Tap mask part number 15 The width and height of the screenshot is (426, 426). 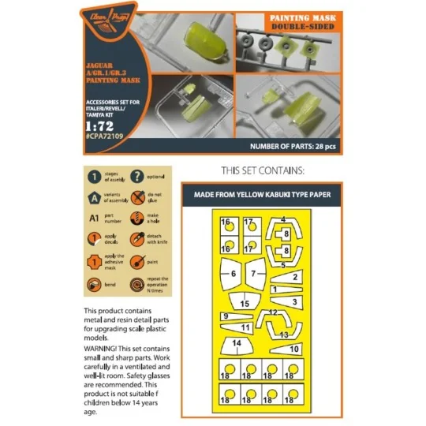tap(245, 304)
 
